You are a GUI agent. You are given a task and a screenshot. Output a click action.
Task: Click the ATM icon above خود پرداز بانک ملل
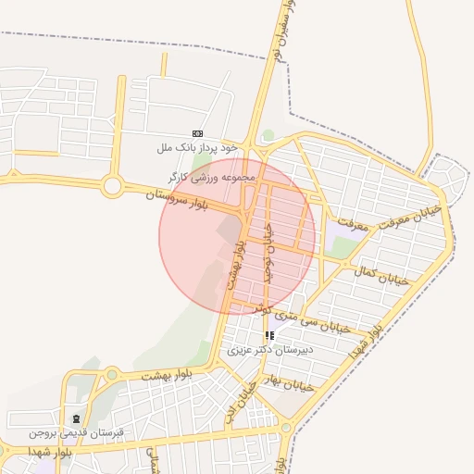point(197,134)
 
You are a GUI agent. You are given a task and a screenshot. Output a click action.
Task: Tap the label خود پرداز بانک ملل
point(197,147)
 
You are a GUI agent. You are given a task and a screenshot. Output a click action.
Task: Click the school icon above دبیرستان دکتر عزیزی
point(269,336)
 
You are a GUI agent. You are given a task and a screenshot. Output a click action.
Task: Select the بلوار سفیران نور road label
point(283,31)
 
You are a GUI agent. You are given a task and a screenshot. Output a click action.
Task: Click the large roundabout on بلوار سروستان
point(113,187)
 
